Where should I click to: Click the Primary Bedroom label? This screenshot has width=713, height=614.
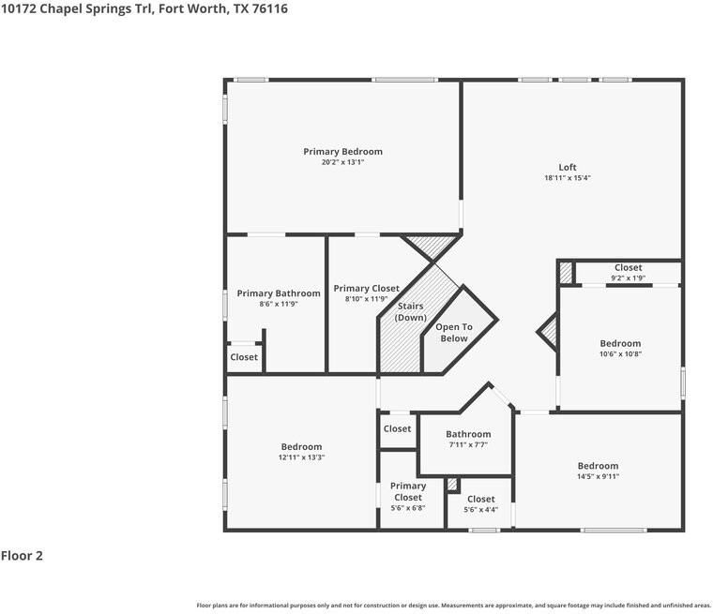pyautogui.click(x=342, y=152)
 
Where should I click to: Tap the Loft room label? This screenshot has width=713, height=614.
pyautogui.click(x=568, y=168)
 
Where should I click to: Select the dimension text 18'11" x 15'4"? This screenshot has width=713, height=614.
pyautogui.click(x=568, y=178)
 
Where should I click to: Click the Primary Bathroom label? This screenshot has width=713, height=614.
pyautogui.click(x=278, y=293)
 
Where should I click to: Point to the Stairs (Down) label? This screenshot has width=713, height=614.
pyautogui.click(x=410, y=312)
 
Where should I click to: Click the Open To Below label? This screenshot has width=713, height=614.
pyautogui.click(x=453, y=333)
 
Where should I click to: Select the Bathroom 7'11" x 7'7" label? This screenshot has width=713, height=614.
pyautogui.click(x=468, y=434)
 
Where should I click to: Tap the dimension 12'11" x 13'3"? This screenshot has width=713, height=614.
pyautogui.click(x=301, y=457)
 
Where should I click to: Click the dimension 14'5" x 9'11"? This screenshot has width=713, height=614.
pyautogui.click(x=598, y=476)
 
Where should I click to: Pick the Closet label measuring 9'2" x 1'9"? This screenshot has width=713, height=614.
pyautogui.click(x=628, y=268)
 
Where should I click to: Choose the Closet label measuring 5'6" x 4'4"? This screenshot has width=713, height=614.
pyautogui.click(x=480, y=500)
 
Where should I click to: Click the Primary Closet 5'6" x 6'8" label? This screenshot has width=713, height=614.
pyautogui.click(x=408, y=491)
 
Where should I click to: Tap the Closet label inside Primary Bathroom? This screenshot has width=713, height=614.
pyautogui.click(x=244, y=357)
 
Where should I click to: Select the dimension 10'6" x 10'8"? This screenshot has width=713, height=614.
pyautogui.click(x=620, y=354)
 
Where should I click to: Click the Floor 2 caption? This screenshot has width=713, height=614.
pyautogui.click(x=22, y=556)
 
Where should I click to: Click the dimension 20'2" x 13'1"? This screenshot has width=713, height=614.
pyautogui.click(x=342, y=162)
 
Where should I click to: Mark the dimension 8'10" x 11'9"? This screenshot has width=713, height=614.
pyautogui.click(x=366, y=299)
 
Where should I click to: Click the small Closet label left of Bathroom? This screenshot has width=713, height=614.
pyautogui.click(x=397, y=428)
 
